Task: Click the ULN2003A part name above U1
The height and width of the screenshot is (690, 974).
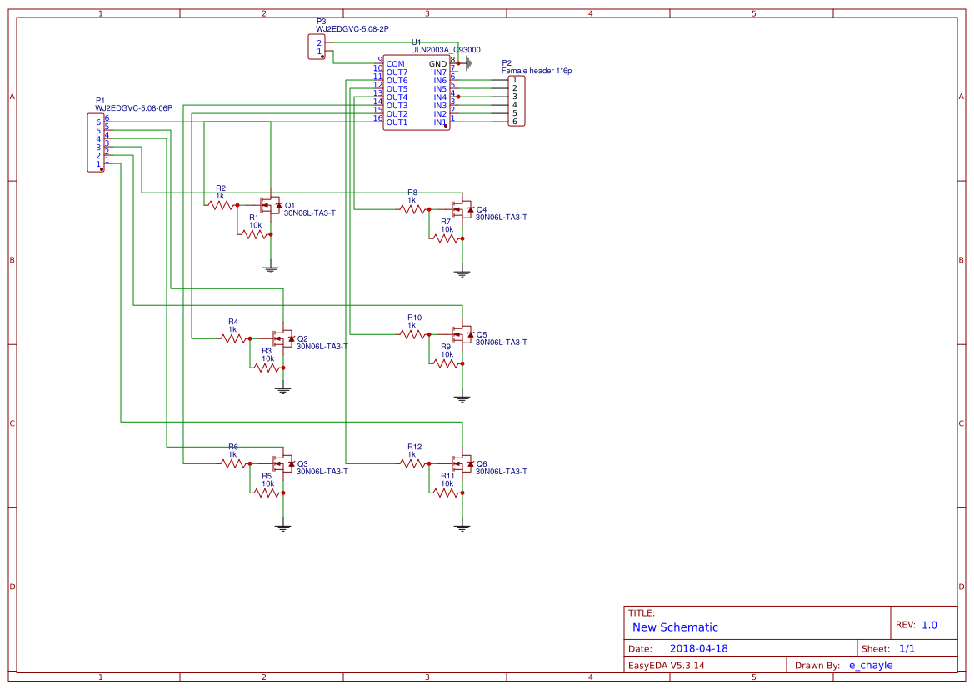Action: (429, 50)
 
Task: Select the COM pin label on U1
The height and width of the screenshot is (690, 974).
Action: (395, 64)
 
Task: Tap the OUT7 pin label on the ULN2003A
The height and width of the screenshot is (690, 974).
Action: (397, 72)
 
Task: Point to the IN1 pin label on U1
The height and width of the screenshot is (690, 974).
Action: (439, 122)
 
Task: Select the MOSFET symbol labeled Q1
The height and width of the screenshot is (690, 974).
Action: (270, 204)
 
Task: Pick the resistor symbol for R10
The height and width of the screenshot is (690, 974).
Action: (413, 333)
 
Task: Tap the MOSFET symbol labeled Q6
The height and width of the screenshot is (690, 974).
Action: (462, 462)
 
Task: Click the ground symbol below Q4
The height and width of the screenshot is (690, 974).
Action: (462, 272)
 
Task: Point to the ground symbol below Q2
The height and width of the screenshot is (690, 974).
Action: (283, 388)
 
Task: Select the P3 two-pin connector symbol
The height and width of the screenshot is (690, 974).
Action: (316, 47)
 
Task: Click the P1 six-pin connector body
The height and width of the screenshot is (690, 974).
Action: (96, 143)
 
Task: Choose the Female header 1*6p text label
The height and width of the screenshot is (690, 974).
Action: (536, 72)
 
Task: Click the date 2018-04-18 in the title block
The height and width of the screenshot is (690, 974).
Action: (698, 648)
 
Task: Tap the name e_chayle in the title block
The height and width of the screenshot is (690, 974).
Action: (870, 665)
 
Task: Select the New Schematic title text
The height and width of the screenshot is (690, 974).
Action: (675, 627)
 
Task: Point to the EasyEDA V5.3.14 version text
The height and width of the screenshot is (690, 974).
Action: (666, 665)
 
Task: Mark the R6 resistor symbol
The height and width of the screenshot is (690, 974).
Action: (234, 462)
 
